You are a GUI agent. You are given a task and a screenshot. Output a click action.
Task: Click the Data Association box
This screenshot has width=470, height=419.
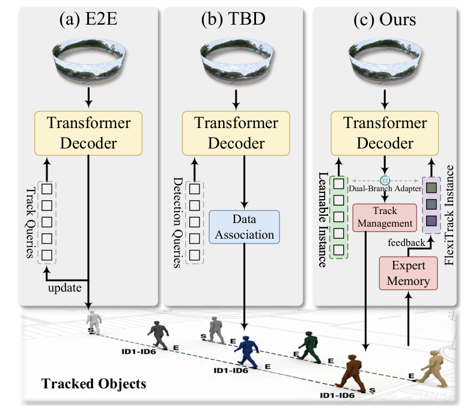244,227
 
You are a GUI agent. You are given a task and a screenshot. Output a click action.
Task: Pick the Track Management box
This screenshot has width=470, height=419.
385,216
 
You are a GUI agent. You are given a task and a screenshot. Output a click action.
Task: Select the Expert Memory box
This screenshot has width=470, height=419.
406,272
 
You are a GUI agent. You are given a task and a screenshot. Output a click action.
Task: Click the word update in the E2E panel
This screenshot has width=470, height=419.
65,288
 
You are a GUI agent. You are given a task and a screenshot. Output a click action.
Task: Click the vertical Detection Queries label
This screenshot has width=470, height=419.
177,214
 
